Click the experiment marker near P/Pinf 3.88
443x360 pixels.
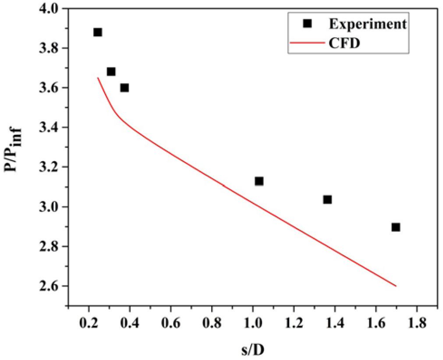tap(98, 32)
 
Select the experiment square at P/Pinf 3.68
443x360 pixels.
tap(111, 72)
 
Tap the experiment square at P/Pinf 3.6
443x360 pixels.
tap(124, 88)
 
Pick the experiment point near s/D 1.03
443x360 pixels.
tap(259, 181)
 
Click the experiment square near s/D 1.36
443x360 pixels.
tap(327, 200)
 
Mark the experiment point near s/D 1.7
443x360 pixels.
tap(396, 227)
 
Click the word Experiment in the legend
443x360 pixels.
tap(368, 25)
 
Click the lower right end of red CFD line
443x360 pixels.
tap(396, 286)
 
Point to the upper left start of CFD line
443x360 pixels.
tap(98, 78)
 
